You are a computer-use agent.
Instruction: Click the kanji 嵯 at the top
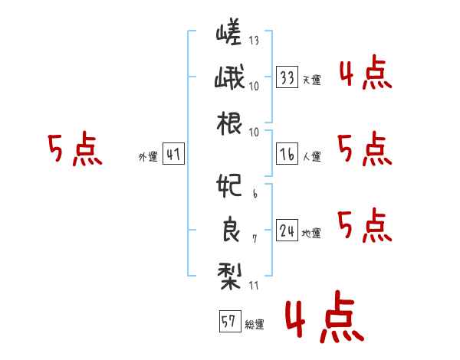[x=228, y=34]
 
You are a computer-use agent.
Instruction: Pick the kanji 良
[x=228, y=231]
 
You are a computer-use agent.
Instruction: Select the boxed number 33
[x=287, y=77]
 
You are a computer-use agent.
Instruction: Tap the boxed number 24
[x=287, y=231]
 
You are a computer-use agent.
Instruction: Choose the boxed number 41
[x=173, y=155]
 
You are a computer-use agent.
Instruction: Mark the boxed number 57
[x=229, y=322]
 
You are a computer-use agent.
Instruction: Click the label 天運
[x=311, y=80]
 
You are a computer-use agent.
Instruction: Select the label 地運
[x=311, y=233]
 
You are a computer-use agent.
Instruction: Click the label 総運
[x=254, y=324]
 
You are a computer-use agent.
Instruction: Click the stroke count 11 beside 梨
[x=254, y=286]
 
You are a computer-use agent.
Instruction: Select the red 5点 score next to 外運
[x=74, y=149]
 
